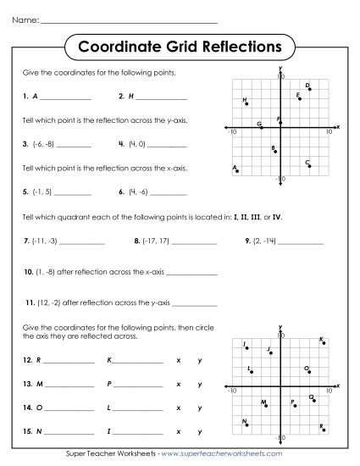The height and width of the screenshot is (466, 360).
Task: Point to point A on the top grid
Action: coord(237,171)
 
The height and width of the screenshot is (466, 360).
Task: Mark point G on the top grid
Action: coord(263,127)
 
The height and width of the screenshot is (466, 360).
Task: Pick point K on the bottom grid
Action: coord(324,342)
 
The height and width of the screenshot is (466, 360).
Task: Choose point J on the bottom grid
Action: coord(271,351)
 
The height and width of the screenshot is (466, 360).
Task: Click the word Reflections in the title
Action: coord(235,43)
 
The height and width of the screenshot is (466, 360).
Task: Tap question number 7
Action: coord(27,241)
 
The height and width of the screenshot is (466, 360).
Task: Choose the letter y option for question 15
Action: coord(199,432)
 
